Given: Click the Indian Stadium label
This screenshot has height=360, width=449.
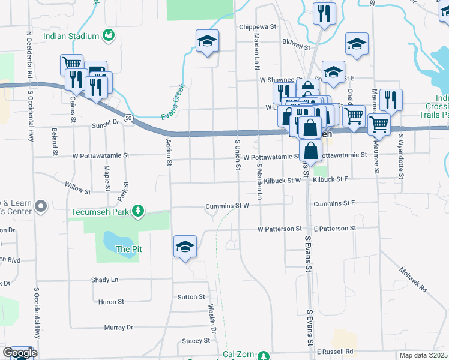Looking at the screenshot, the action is coord(71,36).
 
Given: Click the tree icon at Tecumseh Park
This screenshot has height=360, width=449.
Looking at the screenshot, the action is coord(139,211).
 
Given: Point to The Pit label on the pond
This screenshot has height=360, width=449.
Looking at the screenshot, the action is coord(128,248).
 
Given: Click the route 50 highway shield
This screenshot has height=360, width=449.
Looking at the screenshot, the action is coord(129,119).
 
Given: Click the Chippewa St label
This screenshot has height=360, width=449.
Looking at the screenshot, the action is coord(256,27).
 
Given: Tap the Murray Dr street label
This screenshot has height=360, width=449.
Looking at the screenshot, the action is coord(118,328).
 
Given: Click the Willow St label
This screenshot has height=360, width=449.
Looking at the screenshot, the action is coord(77,188).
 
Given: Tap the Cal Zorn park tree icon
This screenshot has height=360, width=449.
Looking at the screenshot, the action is coord(263,355).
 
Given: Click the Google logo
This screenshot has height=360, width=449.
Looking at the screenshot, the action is coord(20,353).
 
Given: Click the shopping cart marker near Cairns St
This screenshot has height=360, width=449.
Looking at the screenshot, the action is coord(71,64).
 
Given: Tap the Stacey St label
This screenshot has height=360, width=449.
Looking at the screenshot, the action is coord(196,340).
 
